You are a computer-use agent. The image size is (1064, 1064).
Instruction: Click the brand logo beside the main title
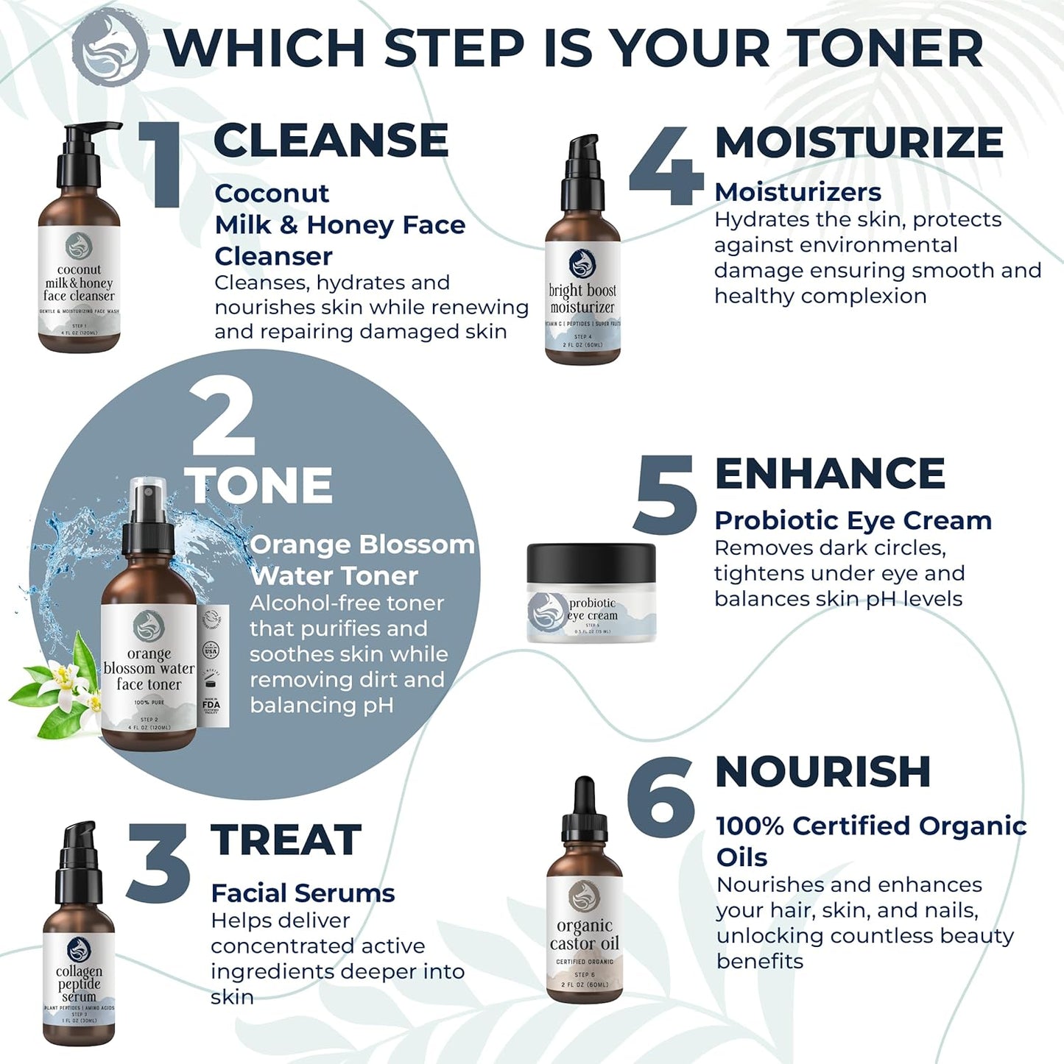[x=110, y=48]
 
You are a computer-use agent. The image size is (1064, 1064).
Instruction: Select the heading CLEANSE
[x=331, y=140]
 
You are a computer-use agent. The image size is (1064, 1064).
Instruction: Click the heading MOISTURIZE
[x=859, y=141]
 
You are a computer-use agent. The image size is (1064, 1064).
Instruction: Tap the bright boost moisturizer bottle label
[x=582, y=298]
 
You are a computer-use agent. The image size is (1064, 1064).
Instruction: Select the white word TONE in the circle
[x=258, y=486]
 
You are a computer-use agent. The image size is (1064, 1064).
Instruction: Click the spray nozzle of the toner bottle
[x=148, y=515]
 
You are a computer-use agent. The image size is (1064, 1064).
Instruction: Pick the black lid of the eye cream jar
[x=591, y=563]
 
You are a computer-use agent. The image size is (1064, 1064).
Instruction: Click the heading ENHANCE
[x=830, y=473]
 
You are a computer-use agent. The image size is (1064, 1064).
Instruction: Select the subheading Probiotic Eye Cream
[x=853, y=520]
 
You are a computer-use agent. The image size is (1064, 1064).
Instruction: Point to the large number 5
[x=664, y=494]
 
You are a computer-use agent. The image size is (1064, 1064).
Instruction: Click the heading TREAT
[x=286, y=840]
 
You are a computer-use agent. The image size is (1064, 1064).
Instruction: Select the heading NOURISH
[x=822, y=771]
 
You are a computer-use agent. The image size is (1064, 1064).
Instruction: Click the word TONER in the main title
[x=887, y=48]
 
